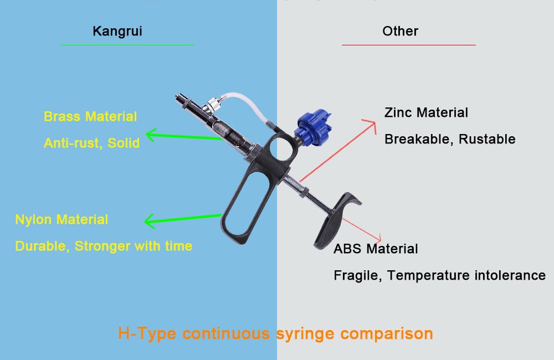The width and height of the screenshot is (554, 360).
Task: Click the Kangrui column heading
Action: pos(117,31)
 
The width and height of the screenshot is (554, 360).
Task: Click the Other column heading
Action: pos(400,31)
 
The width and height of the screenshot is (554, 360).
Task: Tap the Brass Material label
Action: pos(90,117)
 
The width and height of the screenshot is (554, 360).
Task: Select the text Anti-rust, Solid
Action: pos(91,143)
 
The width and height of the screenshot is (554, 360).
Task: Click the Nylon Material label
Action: pos(61,219)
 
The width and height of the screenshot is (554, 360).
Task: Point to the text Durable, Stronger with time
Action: pos(104,246)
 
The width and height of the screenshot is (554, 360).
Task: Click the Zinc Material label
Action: pos(426,113)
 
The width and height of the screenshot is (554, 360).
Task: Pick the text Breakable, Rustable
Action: pos(450,139)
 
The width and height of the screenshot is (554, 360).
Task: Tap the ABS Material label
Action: pos(376,249)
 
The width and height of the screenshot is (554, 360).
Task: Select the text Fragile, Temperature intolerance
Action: pos(439,275)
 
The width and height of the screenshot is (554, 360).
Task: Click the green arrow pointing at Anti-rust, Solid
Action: pos(183,136)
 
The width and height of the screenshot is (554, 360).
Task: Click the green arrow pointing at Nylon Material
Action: pos(183,219)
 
